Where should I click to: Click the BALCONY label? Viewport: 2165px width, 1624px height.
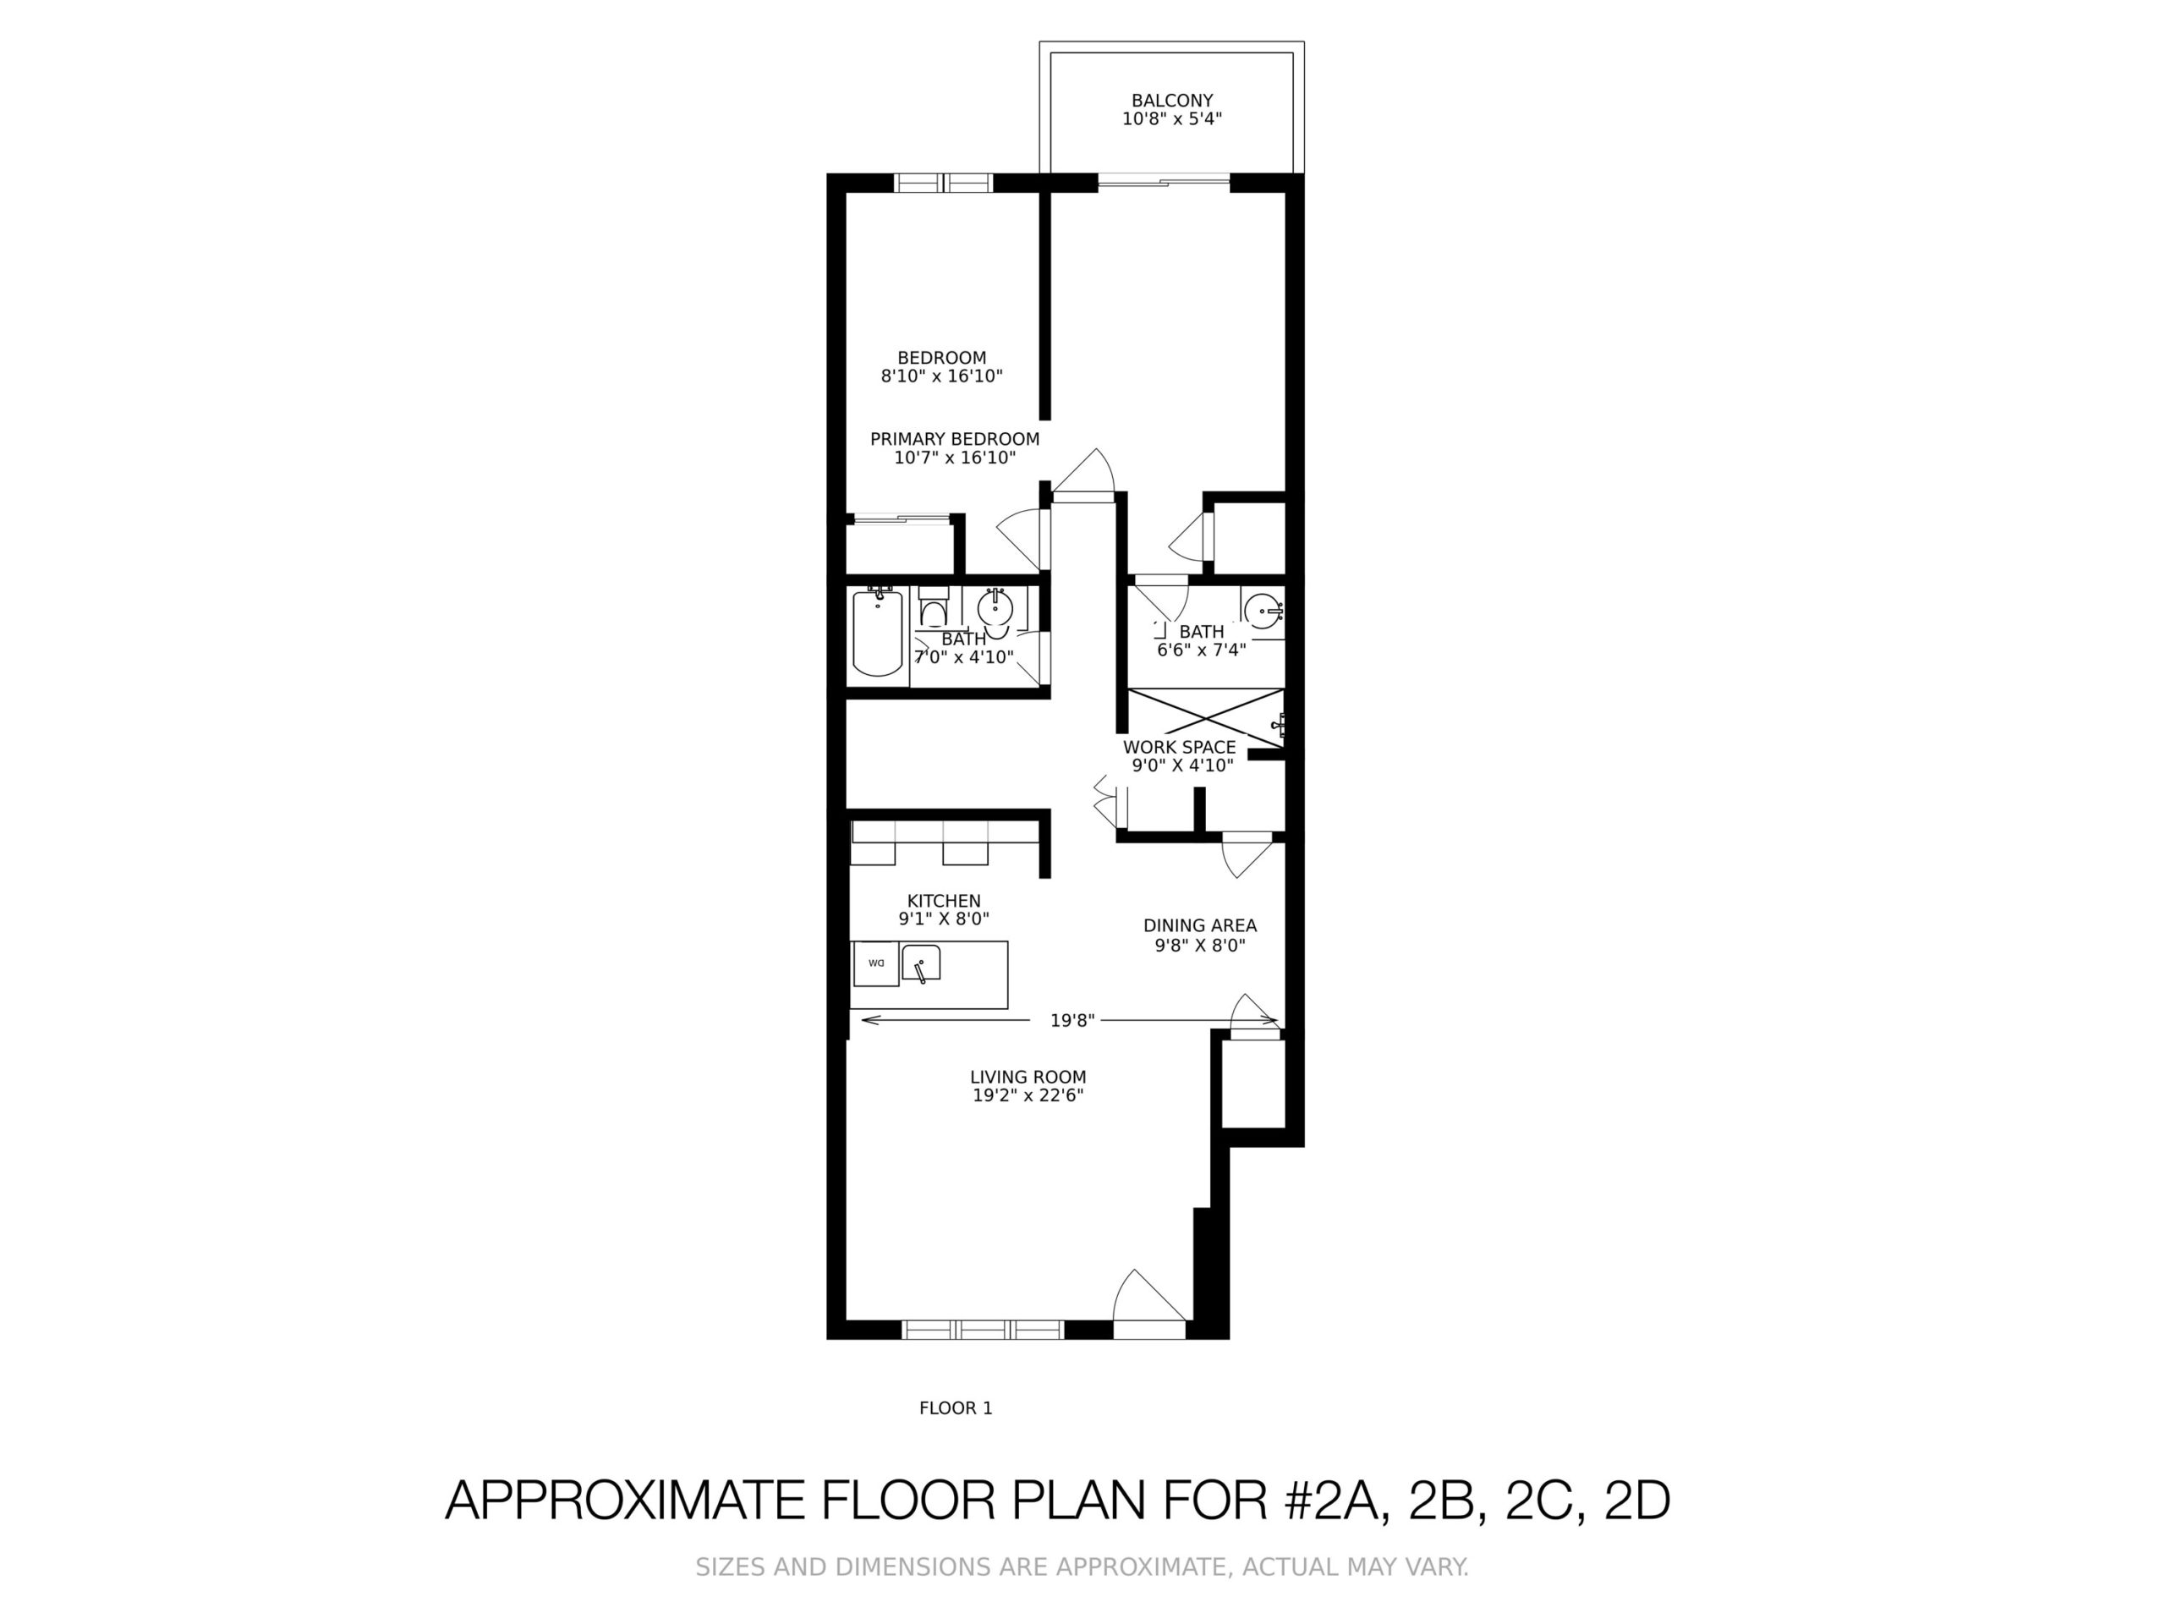click(x=1171, y=100)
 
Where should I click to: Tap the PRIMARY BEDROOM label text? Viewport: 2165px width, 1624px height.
click(x=954, y=440)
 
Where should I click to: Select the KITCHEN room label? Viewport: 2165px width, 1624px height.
click(x=944, y=901)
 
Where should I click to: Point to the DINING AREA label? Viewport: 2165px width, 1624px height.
click(x=1199, y=925)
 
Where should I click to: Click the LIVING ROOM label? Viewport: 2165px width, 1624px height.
click(x=1028, y=1077)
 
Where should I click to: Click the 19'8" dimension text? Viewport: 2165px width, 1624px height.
click(x=1072, y=1021)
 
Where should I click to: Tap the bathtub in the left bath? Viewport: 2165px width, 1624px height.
click(x=877, y=633)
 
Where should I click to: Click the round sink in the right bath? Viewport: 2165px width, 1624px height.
click(x=1263, y=610)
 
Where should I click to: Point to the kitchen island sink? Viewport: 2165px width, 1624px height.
click(x=920, y=963)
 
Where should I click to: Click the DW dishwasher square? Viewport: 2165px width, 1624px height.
click(x=876, y=963)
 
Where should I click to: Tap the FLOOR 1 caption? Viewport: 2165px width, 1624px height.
click(x=956, y=1407)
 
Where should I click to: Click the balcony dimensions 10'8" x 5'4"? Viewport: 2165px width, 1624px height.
click(x=1171, y=119)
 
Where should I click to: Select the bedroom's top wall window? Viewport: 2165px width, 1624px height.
click(x=944, y=183)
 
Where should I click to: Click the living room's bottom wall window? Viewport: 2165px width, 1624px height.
click(x=982, y=1330)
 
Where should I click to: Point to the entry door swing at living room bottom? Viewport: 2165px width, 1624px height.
click(x=1150, y=1304)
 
